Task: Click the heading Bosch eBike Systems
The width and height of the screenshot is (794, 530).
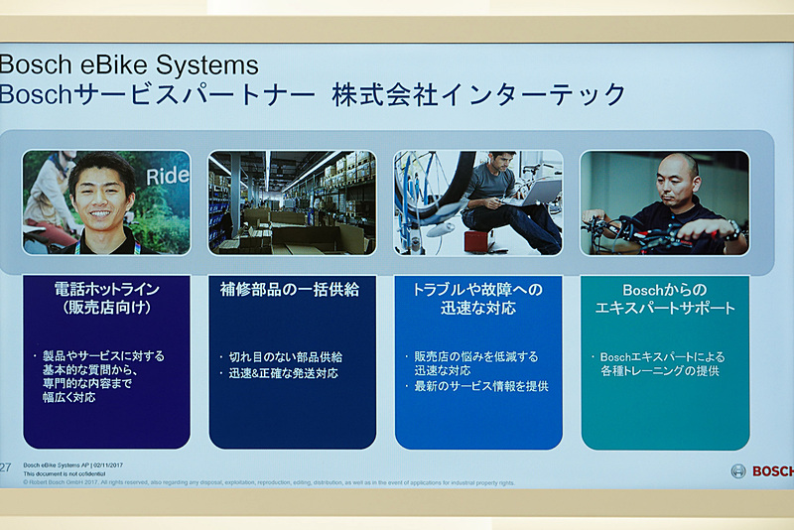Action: coord(129,66)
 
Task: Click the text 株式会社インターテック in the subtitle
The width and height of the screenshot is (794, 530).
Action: coord(479,95)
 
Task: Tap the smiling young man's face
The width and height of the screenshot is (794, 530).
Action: coord(102,191)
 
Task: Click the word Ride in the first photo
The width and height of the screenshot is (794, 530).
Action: coord(167,177)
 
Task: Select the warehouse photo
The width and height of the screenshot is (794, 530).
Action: coord(292,202)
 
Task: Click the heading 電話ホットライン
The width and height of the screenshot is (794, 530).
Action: coord(106,289)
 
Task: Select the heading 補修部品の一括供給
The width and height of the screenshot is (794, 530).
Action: coord(290,289)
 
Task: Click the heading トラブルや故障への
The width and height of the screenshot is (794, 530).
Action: coord(477,289)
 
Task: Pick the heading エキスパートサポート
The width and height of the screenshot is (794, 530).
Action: coord(665,308)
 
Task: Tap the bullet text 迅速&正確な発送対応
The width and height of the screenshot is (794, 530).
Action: coord(284,373)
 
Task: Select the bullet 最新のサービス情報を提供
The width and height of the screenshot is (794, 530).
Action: coord(481,385)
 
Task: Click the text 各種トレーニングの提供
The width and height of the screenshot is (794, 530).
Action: coord(659,371)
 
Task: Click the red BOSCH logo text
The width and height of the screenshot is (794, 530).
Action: coord(772,471)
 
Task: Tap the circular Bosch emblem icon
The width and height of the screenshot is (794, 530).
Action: coord(738,471)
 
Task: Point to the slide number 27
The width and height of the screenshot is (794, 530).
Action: coord(6,466)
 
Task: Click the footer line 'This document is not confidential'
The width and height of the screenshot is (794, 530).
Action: coord(65,474)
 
